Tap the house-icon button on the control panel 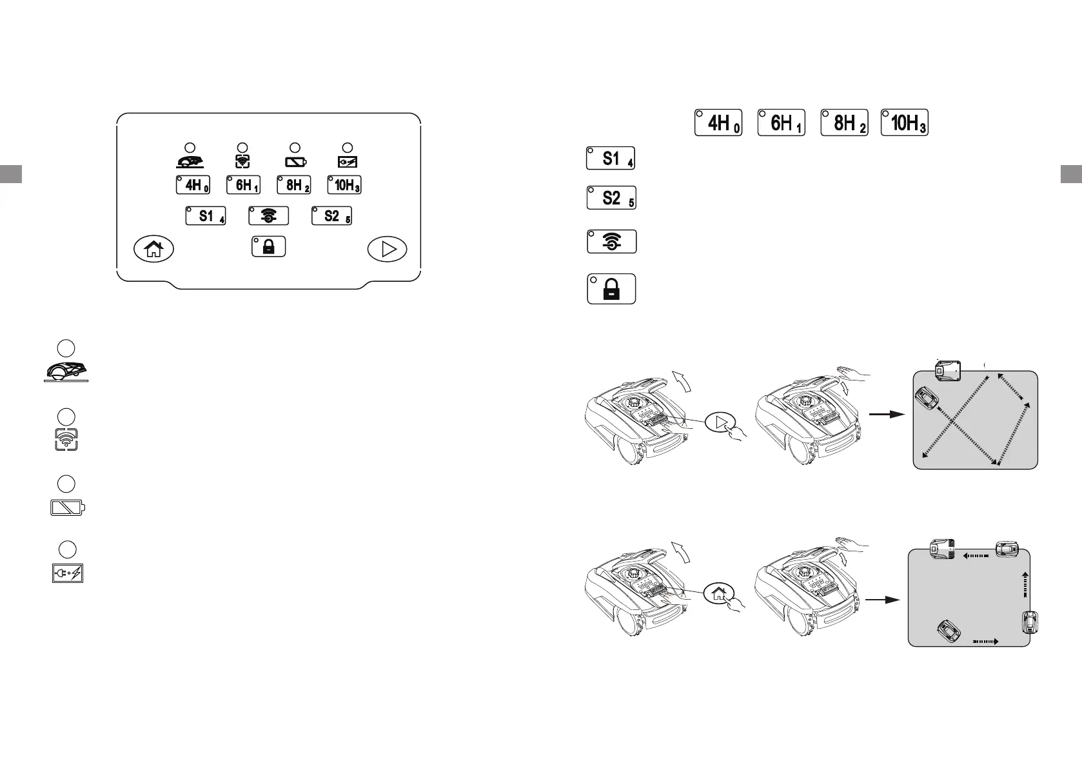point(153,249)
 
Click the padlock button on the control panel point(269,247)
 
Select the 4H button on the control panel point(193,185)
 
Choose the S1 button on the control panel point(206,216)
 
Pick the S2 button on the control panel point(331,216)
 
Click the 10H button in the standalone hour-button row point(905,123)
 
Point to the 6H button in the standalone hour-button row point(782,123)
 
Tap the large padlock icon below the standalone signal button point(611,289)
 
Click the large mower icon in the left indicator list point(66,371)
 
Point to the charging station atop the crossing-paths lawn point(947,370)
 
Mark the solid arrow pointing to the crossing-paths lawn point(887,415)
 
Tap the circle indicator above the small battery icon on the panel point(295,148)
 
